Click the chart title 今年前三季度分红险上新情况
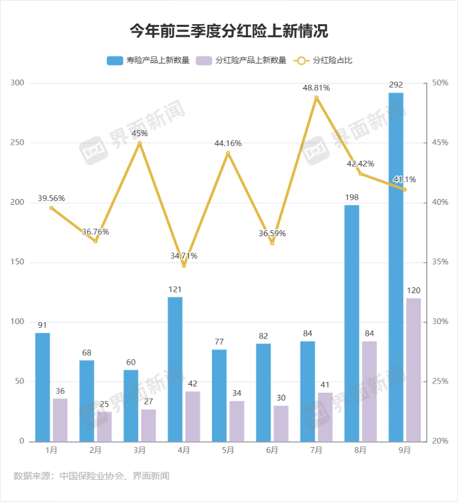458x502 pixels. pos(228,31)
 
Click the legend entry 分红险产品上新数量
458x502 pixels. pos(245,60)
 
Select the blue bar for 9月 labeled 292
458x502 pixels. pos(396,267)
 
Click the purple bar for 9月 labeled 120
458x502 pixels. pos(414,370)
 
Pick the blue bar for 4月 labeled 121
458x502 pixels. pos(175,369)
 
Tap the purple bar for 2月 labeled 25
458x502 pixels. pos(104,426)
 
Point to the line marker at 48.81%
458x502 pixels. pos(316,98)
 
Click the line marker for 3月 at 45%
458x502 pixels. pos(139,143)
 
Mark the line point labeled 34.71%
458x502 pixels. pos(184,266)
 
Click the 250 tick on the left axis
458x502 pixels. pos(18,143)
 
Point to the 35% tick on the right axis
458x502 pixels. pos(440,262)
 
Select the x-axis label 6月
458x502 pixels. pos(272,450)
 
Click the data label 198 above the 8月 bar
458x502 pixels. pos(351,197)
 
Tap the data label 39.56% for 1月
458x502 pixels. pos(51,198)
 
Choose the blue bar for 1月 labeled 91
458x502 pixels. pos(43,387)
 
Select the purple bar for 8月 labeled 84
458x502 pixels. pos(369,391)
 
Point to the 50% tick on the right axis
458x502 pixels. pos(440,83)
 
